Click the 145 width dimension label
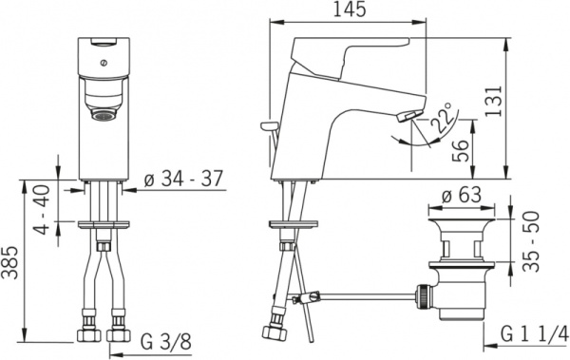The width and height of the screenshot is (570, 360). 350,9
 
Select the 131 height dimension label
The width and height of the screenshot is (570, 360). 493,101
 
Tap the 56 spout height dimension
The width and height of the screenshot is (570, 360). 460,151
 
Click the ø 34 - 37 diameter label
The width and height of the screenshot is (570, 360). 183,179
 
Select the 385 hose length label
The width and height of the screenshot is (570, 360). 9,262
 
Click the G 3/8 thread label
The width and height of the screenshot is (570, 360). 166,342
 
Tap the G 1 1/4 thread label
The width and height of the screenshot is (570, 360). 534,334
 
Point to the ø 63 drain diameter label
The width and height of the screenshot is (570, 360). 462,196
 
